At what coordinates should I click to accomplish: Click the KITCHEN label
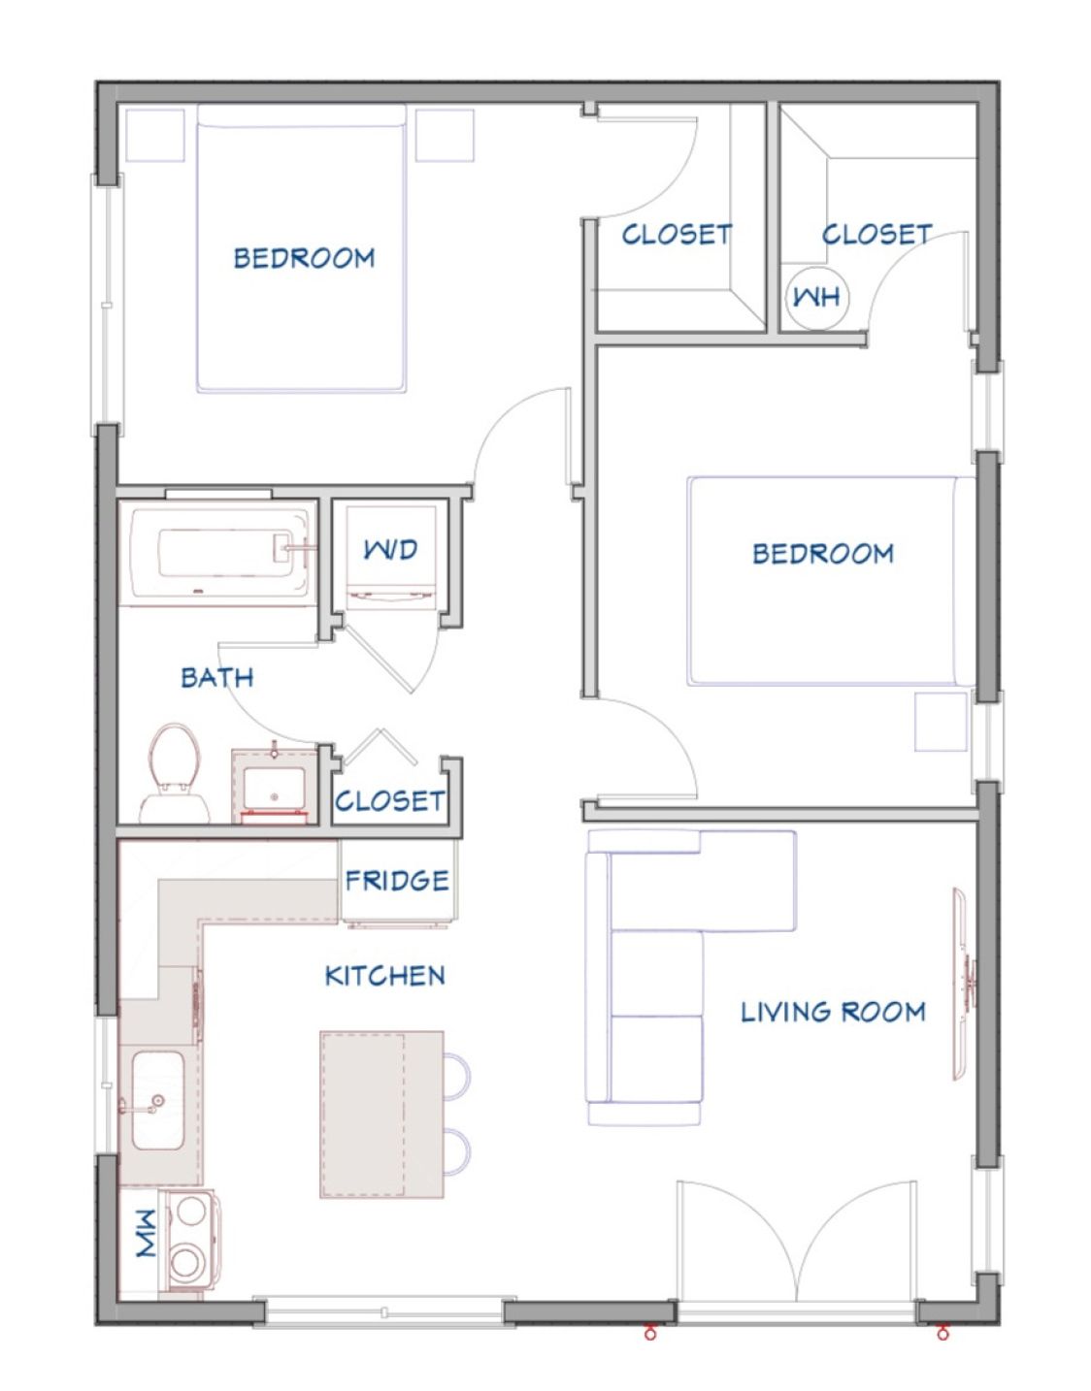coord(384,976)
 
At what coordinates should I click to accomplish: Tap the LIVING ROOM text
coord(833,1012)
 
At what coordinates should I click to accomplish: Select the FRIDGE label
coord(397,881)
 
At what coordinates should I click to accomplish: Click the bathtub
coord(218,554)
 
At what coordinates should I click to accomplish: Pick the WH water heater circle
coord(817,298)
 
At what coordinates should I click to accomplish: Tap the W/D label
coord(390,549)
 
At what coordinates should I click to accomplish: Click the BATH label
coord(217,677)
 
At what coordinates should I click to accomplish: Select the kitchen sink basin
coord(158,1101)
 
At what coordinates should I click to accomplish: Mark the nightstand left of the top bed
coord(155,135)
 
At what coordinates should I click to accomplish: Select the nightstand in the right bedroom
coord(941,722)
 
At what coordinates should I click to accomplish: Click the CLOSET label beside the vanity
coord(390,801)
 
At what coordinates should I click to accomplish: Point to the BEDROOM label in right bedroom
coord(823,554)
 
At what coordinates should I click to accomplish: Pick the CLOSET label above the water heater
coord(876,235)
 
